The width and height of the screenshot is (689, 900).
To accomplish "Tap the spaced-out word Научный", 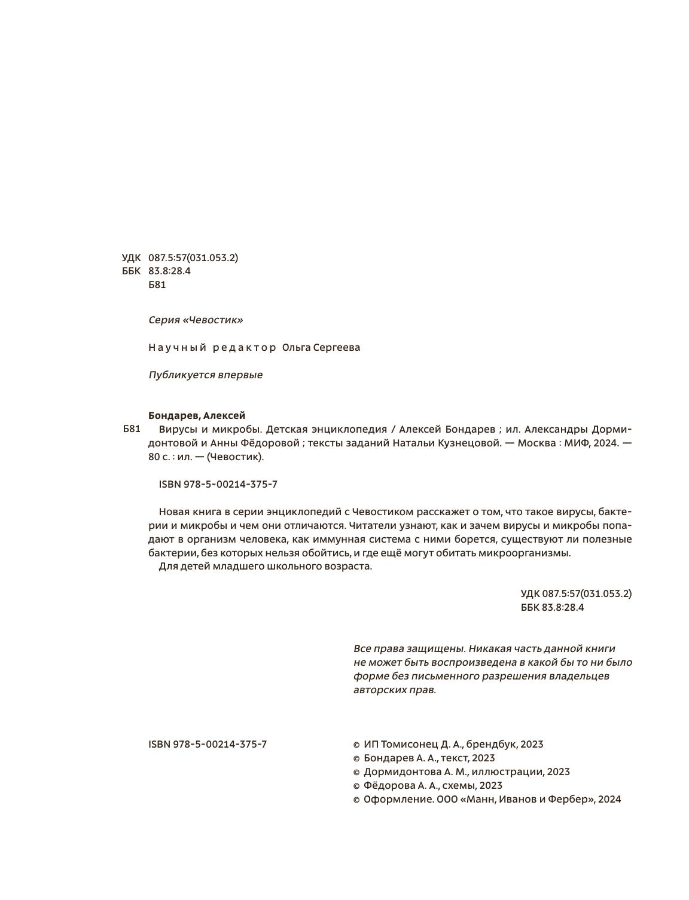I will (x=177, y=347).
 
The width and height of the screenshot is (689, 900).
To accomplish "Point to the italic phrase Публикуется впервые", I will (x=205, y=375).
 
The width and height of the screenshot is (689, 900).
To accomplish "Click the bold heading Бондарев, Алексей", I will (x=197, y=415).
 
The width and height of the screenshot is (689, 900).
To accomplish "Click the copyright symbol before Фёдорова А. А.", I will (x=356, y=786).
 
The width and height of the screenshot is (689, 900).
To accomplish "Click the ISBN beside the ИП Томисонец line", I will (x=208, y=744).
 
